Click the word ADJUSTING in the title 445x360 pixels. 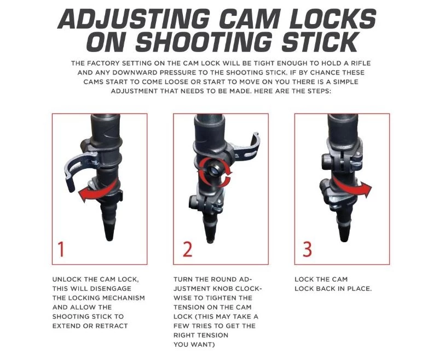coord(134,19)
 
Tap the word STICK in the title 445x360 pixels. coord(319,42)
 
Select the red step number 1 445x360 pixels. coord(61,249)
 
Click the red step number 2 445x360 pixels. coord(187,249)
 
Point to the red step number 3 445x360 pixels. coord(308,249)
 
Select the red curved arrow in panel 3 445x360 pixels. coord(352,187)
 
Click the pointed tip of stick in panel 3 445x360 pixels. coord(344,239)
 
